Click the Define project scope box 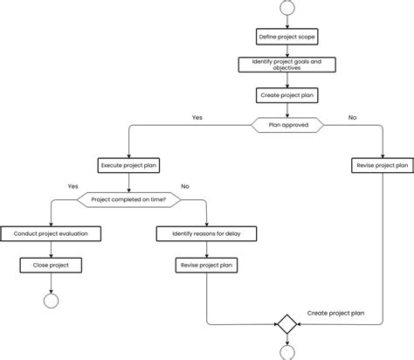[x=286, y=37]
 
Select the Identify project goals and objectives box [x=286, y=65]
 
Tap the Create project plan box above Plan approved [x=286, y=94]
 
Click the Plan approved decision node [x=286, y=125]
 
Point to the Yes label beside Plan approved [x=197, y=117]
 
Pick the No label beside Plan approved [x=352, y=117]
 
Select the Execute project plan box [x=128, y=165]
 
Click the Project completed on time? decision [x=128, y=199]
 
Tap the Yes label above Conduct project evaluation [x=72, y=185]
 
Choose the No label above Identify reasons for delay [x=184, y=185]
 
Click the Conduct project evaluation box [x=51, y=233]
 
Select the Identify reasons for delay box [x=207, y=233]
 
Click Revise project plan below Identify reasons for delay [x=207, y=265]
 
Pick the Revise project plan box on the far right [x=382, y=165]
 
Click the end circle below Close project [x=51, y=301]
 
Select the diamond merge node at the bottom [x=286, y=323]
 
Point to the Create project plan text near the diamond [x=335, y=312]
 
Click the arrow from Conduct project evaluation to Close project [x=51, y=249]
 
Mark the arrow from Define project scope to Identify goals [x=286, y=51]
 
